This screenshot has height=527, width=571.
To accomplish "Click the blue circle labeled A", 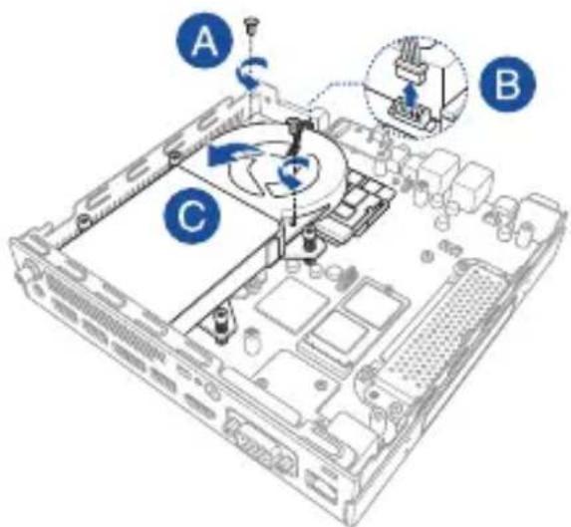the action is [204, 41].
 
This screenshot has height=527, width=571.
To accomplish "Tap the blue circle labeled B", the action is [507, 84].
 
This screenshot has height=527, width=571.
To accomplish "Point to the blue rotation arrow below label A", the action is [251, 73].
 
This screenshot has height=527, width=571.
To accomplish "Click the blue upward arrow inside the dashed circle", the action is [411, 96].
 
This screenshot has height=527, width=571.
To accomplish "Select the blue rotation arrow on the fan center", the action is [294, 170].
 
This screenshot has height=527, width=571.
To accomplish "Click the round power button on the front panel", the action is [211, 391].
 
